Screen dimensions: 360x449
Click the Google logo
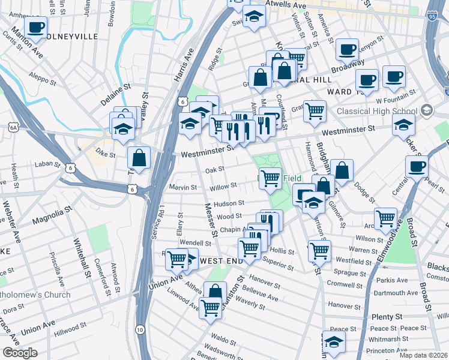click(x=20, y=353)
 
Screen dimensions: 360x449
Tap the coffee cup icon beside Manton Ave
click(x=35, y=26)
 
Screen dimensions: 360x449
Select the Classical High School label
click(x=376, y=111)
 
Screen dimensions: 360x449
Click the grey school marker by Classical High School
click(x=426, y=110)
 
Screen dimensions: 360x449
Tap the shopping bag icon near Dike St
click(x=139, y=158)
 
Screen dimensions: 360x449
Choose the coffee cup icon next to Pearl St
click(x=416, y=166)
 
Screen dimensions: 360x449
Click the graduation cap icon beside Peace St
click(x=334, y=340)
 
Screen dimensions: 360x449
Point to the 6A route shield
click(x=13, y=127)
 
